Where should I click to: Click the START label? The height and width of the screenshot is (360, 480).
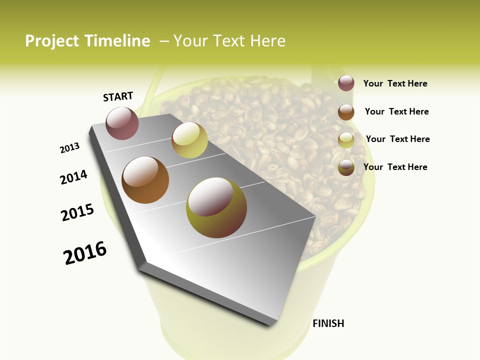118,96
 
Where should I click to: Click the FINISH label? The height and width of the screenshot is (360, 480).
328,323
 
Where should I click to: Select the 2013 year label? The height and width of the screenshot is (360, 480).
70,148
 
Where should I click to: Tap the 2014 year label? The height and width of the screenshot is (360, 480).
74,177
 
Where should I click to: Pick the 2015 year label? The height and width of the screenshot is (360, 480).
77,212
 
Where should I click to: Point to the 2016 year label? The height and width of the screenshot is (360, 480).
85,253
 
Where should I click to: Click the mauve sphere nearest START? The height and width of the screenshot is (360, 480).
122,123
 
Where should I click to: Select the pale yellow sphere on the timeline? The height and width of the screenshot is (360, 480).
189,140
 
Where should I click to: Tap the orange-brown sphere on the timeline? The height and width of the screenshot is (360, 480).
145,180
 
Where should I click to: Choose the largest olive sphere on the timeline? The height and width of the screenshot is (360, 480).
216,207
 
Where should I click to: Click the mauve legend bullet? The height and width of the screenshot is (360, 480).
346,83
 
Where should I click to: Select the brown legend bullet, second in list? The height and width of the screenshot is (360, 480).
346,112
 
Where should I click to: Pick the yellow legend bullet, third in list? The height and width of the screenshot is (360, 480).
346,140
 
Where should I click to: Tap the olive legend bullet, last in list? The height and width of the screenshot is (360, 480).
346,167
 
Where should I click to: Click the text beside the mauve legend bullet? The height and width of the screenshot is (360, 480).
395,83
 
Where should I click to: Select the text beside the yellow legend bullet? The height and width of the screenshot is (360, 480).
397,139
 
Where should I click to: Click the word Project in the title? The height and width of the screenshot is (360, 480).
52,41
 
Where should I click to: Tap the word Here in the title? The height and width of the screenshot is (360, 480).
267,41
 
